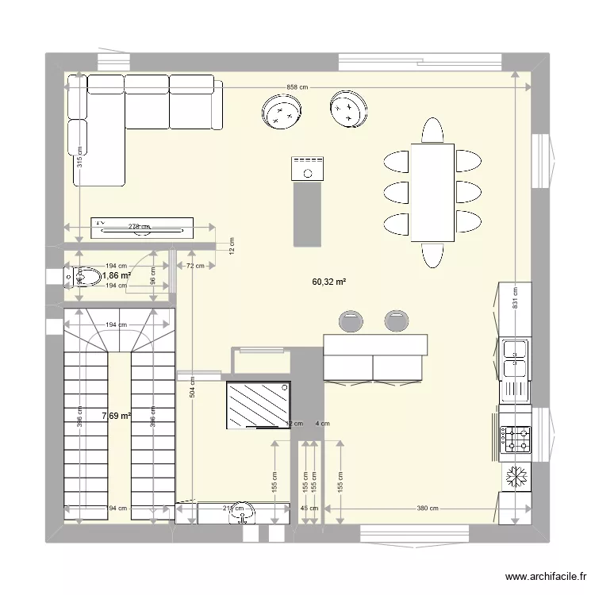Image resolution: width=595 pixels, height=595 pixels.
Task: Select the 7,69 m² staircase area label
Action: [116, 415]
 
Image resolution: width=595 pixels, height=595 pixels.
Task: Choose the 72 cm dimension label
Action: [195, 266]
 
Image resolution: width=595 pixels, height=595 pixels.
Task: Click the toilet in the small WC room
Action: [85, 276]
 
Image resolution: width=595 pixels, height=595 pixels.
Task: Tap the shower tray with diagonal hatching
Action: [259, 405]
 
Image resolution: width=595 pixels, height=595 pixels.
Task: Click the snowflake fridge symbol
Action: [517, 477]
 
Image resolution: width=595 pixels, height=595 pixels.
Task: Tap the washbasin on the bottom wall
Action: [242, 516]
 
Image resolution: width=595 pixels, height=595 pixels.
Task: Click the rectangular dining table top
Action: [432, 192]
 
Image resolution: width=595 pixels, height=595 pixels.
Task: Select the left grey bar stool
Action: [350, 321]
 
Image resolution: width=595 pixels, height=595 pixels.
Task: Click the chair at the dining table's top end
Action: [432, 130]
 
